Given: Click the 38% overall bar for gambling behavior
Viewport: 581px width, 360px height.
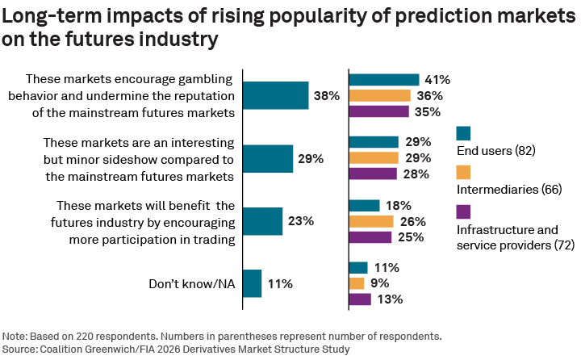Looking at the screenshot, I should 275,95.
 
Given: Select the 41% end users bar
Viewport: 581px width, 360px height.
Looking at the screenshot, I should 383,80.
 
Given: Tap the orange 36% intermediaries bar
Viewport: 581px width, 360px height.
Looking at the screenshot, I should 379,95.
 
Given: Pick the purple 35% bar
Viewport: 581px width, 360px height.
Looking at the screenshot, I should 378,111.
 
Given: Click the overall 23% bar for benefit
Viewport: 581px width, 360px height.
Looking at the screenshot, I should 262,220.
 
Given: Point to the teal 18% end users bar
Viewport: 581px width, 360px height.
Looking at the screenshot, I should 364,206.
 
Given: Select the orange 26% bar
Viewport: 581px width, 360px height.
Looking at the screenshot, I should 370,221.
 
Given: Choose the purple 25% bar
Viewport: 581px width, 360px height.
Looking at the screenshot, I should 370,237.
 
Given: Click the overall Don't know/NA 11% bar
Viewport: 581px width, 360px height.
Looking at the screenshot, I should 252,283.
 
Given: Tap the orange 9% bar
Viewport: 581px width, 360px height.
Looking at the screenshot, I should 356,283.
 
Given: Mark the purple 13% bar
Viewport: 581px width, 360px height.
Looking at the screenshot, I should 359,299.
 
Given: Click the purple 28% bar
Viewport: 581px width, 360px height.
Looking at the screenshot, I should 372,174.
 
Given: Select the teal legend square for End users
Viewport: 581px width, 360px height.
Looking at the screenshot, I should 463,133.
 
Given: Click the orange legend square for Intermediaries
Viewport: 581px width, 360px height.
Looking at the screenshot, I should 463,172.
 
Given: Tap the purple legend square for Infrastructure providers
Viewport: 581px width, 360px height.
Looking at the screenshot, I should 463,211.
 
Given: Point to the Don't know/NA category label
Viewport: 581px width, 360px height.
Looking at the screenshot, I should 191,284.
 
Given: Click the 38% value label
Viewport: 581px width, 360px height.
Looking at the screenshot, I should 326,96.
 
